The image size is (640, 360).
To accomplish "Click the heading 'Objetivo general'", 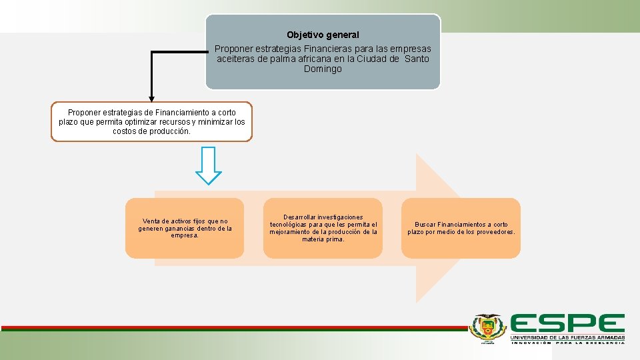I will tap(323, 35).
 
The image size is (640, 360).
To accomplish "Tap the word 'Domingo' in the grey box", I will tap(323, 69).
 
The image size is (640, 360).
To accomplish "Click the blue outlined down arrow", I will tap(209, 165).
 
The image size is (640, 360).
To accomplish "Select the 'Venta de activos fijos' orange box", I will tap(185, 228).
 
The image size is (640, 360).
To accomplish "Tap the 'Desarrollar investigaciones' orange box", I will tap(323, 228).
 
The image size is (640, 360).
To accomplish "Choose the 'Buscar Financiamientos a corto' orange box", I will tap(461, 228).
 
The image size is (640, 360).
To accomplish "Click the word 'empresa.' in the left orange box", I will tap(185, 235).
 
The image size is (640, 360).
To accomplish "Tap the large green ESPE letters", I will tap(567, 324).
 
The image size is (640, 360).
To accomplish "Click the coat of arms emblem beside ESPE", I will tap(488, 328).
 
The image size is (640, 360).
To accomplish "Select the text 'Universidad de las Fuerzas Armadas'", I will tap(567, 338).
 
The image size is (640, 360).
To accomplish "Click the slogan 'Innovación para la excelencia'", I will tap(567, 343).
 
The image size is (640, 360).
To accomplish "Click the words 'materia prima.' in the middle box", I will tap(323, 239).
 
